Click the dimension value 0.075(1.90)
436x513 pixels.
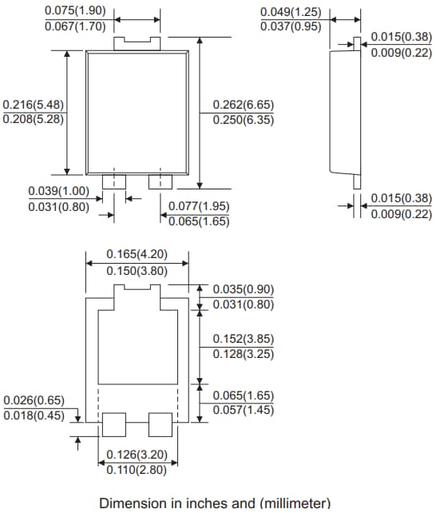click(73, 10)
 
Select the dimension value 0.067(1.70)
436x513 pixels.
click(73, 26)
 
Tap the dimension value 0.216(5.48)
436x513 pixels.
click(34, 105)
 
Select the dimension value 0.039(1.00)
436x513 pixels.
click(58, 191)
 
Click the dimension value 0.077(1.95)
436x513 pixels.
click(199, 206)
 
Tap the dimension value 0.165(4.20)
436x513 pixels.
click(137, 255)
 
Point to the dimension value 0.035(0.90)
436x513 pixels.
click(244, 289)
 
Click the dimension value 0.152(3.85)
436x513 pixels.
click(244, 338)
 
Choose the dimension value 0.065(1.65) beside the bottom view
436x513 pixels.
click(244, 396)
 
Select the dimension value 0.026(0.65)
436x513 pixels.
click(34, 400)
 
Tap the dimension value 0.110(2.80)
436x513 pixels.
click(137, 470)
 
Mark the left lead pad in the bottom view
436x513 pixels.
click(113, 424)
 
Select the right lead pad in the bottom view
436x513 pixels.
click(161, 424)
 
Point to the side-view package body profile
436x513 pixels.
click(344, 112)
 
